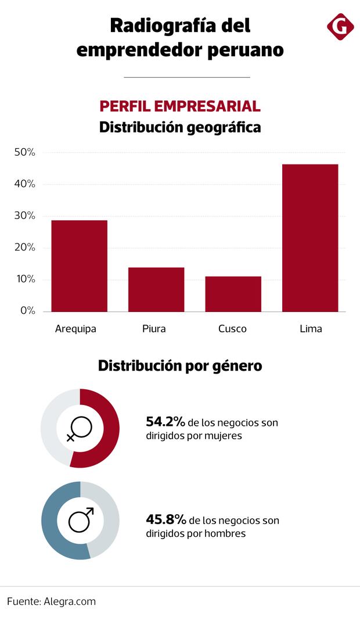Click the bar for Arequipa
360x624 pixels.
(79, 266)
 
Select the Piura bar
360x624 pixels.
(156, 289)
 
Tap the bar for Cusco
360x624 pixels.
(233, 293)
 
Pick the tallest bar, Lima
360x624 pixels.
(310, 238)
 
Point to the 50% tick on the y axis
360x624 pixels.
(25, 152)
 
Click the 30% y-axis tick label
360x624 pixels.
(25, 216)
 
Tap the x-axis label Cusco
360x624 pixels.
(232, 329)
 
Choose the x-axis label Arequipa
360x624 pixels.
(75, 329)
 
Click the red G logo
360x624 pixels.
(340, 27)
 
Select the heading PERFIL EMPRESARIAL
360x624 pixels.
(180, 106)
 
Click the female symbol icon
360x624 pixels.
(79, 429)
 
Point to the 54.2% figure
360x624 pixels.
(165, 422)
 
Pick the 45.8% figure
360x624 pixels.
(166, 519)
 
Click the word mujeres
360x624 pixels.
(222, 435)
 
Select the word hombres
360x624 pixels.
(224, 533)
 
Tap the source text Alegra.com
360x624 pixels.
(70, 601)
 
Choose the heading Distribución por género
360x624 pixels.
(180, 366)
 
